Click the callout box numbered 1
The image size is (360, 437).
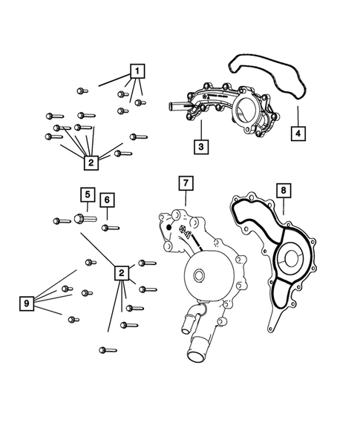click(x=137, y=71)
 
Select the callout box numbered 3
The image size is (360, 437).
click(x=200, y=147)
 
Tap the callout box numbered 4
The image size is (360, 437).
click(x=296, y=136)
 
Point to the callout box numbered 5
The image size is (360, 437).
click(x=87, y=195)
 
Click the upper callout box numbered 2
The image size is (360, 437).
click(x=91, y=162)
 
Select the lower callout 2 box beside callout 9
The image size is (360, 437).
click(x=121, y=273)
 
